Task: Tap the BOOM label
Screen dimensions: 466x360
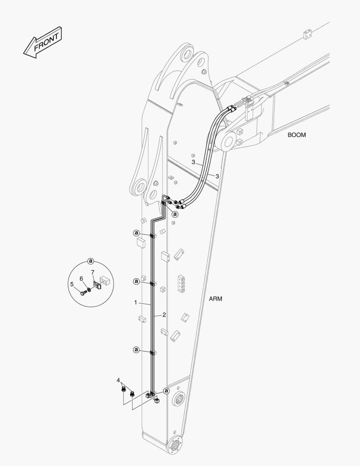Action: (x=297, y=135)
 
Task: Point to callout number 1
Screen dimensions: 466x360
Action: (x=135, y=303)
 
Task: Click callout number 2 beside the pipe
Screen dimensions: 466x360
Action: (x=164, y=315)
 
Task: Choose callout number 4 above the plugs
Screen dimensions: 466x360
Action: (x=118, y=380)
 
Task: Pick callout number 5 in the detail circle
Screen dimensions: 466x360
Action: (x=72, y=284)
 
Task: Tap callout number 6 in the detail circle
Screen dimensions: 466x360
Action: (x=81, y=279)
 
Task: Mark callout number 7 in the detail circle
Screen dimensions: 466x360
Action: (x=92, y=272)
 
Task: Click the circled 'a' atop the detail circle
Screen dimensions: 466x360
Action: (x=91, y=261)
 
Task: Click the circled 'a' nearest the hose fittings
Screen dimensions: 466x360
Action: (x=175, y=214)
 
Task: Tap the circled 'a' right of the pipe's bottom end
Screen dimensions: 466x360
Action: (x=166, y=390)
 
